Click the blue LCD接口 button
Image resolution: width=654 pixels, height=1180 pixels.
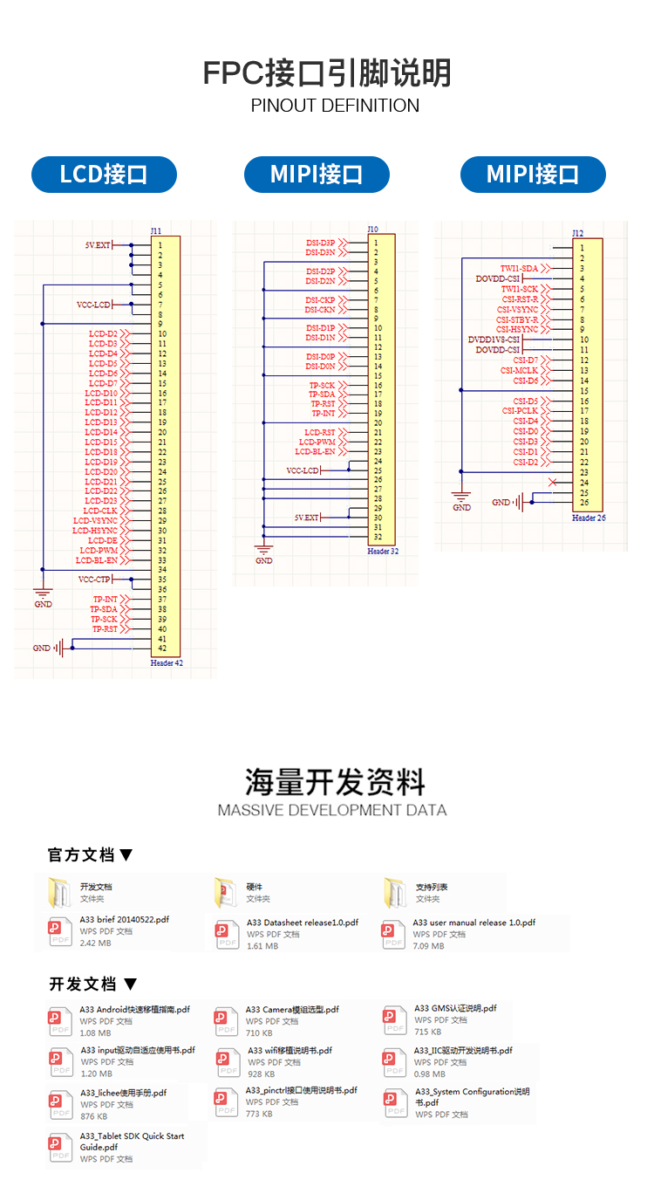[104, 175]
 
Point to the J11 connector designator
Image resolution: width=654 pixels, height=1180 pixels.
[155, 231]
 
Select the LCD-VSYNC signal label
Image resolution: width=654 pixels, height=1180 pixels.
[95, 521]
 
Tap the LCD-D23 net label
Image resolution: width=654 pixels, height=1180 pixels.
[101, 501]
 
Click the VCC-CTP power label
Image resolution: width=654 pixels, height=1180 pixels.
[94, 580]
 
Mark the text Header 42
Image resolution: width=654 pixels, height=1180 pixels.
[167, 663]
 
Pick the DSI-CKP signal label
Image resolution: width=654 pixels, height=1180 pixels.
[320, 300]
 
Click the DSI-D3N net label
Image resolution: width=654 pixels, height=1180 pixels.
[320, 252]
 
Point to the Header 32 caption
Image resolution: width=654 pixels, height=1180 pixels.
[382, 552]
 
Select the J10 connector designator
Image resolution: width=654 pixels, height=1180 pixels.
[373, 229]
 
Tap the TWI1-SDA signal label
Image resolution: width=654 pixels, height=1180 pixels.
[519, 268]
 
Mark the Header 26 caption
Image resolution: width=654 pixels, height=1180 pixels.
[589, 518]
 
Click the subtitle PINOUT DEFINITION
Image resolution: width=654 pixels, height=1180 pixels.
[335, 106]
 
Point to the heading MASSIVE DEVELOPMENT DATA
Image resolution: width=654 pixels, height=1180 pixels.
[332, 810]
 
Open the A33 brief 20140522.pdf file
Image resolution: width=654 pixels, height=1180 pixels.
[124, 919]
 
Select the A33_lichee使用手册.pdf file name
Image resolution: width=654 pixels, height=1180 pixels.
[123, 1093]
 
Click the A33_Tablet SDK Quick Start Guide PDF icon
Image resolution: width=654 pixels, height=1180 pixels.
[60, 1147]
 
